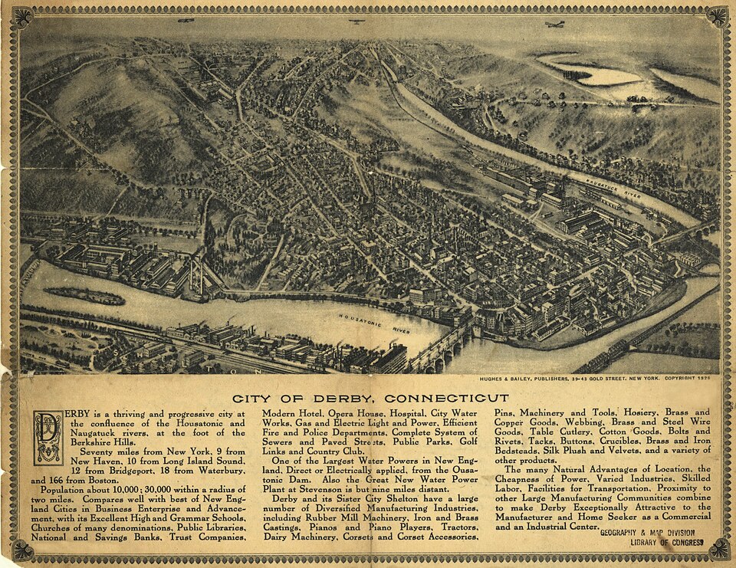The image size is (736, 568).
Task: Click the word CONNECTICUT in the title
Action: pos(446,399)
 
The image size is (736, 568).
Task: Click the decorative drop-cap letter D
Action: pos(48,437)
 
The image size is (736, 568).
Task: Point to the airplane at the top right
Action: pos(554,25)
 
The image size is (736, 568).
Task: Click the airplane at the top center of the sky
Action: pos(356,21)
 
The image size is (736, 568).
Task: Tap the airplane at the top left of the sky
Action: pos(186,21)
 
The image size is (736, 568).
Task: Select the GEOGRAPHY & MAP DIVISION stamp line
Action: pos(647,533)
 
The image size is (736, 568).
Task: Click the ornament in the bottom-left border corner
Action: pos(21,549)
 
